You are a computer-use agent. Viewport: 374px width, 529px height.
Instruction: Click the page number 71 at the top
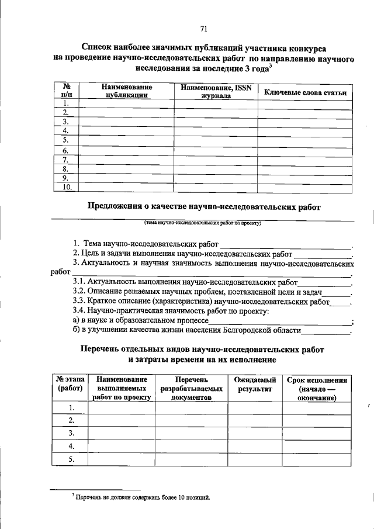(203, 29)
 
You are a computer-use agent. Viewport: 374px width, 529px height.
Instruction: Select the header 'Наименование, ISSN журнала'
(216, 92)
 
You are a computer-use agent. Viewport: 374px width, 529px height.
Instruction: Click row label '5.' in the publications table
(66, 140)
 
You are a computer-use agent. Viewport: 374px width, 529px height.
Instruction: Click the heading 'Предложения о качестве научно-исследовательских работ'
(204, 206)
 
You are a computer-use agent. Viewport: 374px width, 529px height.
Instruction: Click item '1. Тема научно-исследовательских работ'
(146, 243)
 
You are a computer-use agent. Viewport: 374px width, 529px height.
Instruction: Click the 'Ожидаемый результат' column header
(255, 385)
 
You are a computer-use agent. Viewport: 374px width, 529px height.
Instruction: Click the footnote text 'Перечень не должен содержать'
(142, 497)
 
